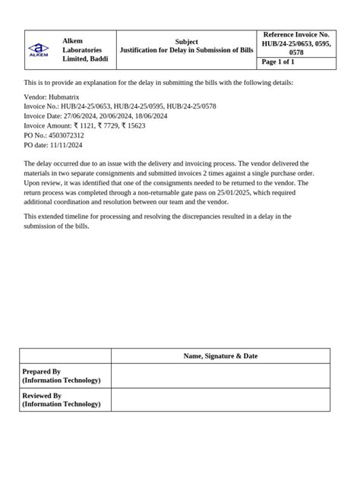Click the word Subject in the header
[186, 42]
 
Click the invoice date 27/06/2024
[82, 117]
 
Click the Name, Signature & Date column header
[220, 355]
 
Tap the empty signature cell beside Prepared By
[220, 375]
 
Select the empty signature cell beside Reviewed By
[220, 400]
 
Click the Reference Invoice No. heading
[296, 35]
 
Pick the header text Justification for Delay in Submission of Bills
[186, 50]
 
